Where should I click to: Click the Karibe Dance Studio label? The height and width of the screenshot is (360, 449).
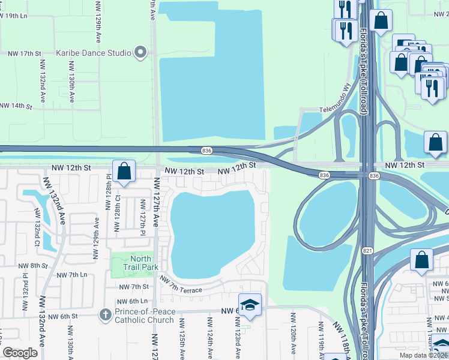[94, 53]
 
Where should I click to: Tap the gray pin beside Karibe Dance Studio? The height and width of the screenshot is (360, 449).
[141, 53]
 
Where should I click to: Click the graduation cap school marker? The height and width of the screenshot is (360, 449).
[250, 305]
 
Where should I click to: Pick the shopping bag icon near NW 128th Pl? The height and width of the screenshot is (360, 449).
[124, 170]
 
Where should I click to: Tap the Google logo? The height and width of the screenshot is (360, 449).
[20, 353]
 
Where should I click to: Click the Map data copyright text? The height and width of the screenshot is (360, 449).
[423, 355]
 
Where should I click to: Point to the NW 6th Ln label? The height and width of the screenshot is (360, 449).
[133, 301]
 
